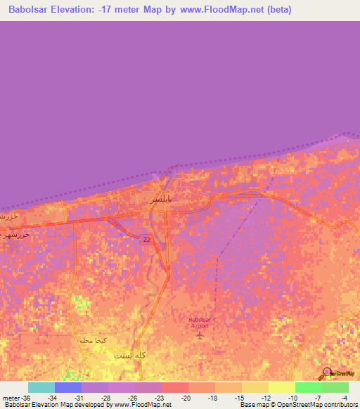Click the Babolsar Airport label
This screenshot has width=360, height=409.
pyautogui.click(x=200, y=322)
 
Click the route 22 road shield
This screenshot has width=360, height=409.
pyautogui.click(x=145, y=240)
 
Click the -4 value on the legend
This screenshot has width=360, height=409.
pyautogui.click(x=345, y=398)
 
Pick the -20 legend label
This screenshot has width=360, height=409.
pyautogui.click(x=186, y=398)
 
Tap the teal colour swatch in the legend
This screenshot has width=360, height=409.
pyautogui.click(x=41, y=387)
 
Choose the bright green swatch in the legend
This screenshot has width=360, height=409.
pyautogui.click(x=308, y=387)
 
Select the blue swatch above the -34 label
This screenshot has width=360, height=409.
pyautogui.click(x=67, y=387)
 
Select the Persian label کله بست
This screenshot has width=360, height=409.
pyautogui.click(x=131, y=356)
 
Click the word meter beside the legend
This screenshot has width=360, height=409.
pyautogui.click(x=10, y=398)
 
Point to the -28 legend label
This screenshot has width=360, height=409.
pyautogui.click(x=105, y=398)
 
